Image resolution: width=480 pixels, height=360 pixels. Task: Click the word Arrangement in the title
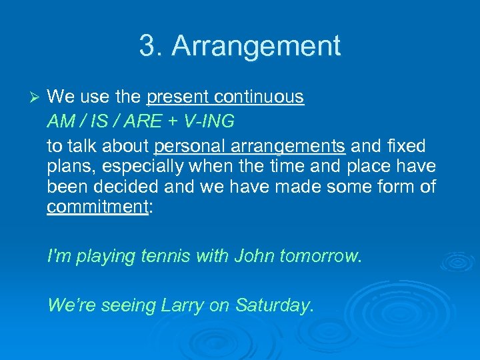(x=256, y=46)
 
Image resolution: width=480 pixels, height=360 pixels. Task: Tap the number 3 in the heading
(x=147, y=46)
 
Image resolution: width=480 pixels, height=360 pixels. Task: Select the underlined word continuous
(x=259, y=97)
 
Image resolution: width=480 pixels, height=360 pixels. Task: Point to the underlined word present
(x=178, y=97)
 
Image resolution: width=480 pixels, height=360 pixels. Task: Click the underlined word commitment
(x=97, y=207)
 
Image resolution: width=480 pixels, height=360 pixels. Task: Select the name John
(x=256, y=255)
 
